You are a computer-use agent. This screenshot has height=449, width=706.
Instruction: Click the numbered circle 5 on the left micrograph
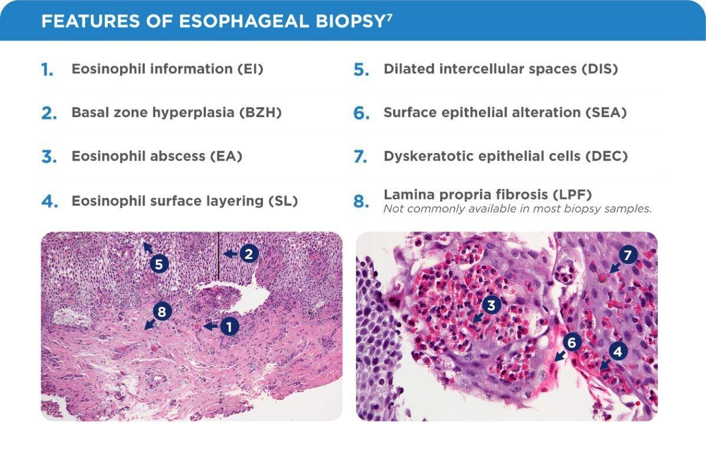pyautogui.click(x=159, y=264)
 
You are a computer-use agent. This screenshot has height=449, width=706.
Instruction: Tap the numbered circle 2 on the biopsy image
pyautogui.click(x=249, y=254)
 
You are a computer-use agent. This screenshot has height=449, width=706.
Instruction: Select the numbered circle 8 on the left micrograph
pyautogui.click(x=162, y=312)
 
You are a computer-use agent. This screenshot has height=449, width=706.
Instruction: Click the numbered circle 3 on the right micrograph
pyautogui.click(x=491, y=304)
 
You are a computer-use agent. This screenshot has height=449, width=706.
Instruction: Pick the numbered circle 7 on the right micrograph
pyautogui.click(x=628, y=256)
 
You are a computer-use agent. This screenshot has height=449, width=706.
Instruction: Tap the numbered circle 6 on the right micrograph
pyautogui.click(x=573, y=341)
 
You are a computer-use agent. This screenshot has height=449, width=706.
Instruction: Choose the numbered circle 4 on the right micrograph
pyautogui.click(x=617, y=352)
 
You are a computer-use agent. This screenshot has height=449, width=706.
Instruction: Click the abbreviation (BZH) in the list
pyautogui.click(x=261, y=112)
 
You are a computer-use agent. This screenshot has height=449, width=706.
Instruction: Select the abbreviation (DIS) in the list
pyautogui.click(x=600, y=69)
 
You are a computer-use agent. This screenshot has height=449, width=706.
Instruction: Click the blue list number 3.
pyautogui.click(x=49, y=158)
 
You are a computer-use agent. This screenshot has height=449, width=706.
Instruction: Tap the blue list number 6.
pyautogui.click(x=361, y=114)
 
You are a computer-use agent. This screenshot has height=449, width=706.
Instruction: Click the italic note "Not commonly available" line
pyautogui.click(x=517, y=209)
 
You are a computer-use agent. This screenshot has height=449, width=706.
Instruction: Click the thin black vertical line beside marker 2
pyautogui.click(x=218, y=256)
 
